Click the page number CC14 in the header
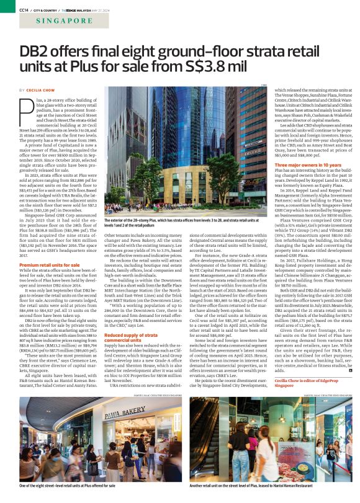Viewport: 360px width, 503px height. tap(24, 9)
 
